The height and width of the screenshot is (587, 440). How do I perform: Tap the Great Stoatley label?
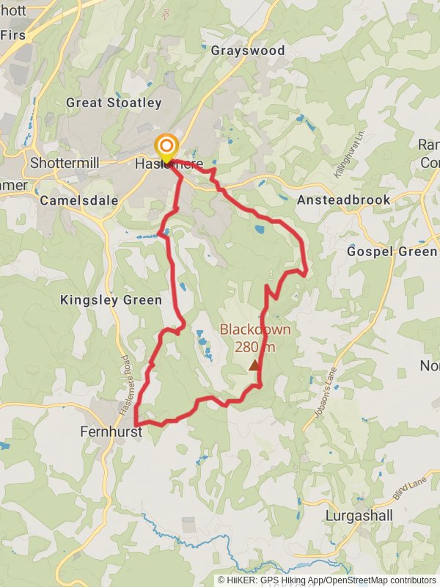tap(114, 103)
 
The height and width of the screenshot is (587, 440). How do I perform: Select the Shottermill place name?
tap(65, 163)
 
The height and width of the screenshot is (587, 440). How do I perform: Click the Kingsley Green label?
tap(111, 299)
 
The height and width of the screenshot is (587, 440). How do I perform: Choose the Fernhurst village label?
tap(110, 433)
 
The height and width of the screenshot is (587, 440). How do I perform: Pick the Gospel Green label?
tap(392, 252)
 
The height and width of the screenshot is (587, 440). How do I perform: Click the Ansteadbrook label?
tap(343, 200)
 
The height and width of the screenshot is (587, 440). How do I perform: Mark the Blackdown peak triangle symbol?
tap(254, 365)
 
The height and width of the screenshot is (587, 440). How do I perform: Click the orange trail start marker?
tap(166, 145)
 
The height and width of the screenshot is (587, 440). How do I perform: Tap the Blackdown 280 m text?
tap(255, 338)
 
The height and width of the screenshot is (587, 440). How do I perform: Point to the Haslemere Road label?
tap(122, 380)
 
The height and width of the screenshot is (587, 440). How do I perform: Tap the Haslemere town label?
tap(169, 164)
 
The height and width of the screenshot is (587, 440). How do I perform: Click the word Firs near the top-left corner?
tap(13, 34)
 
